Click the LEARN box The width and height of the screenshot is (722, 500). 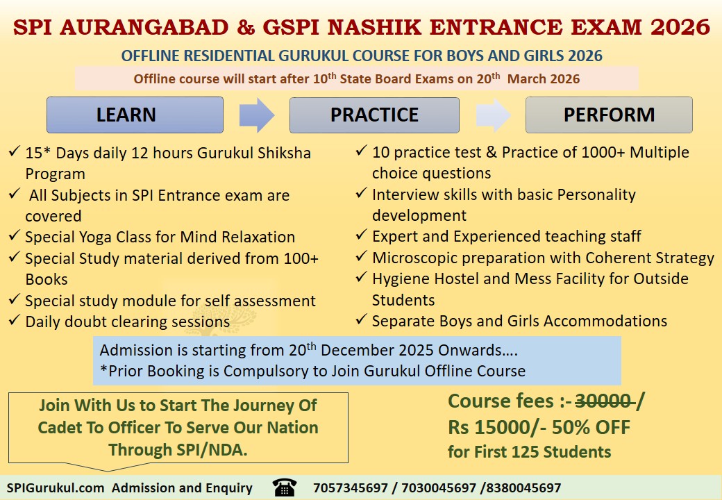(135, 115)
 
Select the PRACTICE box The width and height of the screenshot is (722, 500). (374, 115)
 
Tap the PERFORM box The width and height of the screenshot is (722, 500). (609, 115)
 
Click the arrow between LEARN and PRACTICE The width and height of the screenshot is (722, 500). (256, 115)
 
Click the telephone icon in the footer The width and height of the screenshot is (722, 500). (284, 487)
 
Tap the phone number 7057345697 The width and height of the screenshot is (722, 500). (351, 488)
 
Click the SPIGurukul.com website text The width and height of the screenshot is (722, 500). (56, 488)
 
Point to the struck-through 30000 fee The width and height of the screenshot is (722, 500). (603, 401)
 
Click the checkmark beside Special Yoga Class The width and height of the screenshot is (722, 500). (15, 237)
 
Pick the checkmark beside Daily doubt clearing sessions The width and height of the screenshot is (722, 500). (15, 322)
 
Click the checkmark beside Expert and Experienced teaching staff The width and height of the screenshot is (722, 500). (362, 236)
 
